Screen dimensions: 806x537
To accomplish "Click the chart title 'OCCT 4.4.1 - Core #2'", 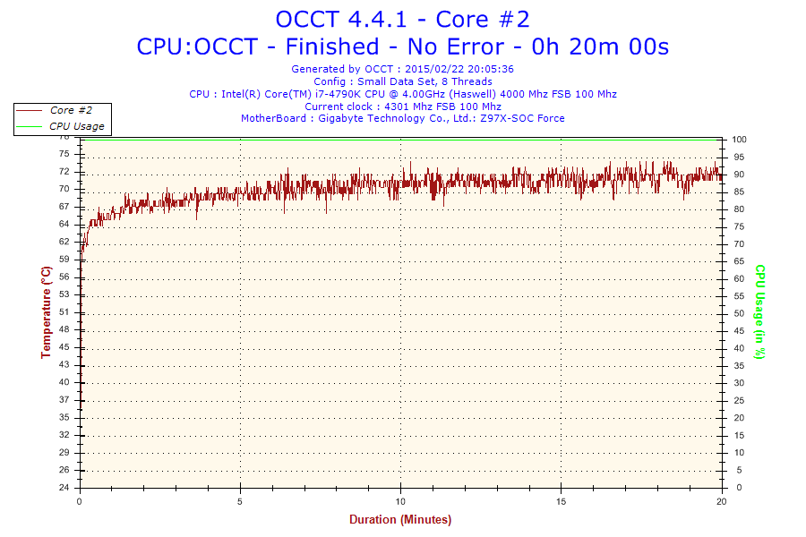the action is click(x=402, y=20).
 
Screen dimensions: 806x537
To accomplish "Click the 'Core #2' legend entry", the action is click(x=71, y=110).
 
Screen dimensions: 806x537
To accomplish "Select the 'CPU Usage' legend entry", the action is click(x=77, y=126).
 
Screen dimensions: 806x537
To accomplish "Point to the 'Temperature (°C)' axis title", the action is click(x=47, y=312).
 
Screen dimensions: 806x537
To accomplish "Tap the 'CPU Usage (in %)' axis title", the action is click(x=759, y=312).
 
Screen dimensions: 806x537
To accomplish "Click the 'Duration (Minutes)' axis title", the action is click(x=400, y=519).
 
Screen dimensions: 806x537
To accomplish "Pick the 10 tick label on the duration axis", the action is click(x=400, y=501).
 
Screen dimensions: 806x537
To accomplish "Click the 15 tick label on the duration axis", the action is click(x=561, y=501).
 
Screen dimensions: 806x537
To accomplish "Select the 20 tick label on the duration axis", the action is click(x=722, y=501).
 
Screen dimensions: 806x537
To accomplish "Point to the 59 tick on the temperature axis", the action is click(x=64, y=260).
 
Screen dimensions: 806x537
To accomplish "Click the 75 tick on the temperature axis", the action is click(x=64, y=154).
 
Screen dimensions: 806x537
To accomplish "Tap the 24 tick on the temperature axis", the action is click(x=64, y=487).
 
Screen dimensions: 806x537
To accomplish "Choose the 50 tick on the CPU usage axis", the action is click(x=739, y=313).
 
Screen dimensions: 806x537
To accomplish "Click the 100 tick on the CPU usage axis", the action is click(x=739, y=140).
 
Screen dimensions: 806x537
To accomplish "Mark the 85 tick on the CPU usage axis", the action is click(x=739, y=192).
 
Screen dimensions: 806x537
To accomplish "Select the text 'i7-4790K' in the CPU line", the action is click(x=338, y=94).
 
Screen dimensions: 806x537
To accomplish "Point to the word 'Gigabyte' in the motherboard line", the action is click(x=339, y=119).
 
